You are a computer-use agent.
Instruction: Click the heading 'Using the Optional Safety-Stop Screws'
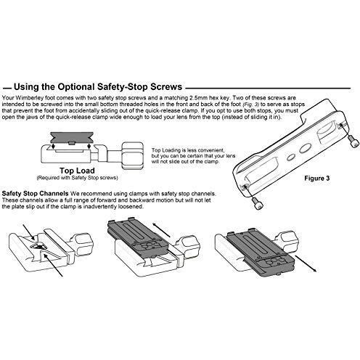click(98, 87)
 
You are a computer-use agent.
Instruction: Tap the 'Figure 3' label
click(317, 179)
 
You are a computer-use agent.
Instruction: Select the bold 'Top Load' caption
click(77, 171)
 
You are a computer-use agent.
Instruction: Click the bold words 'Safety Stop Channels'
click(35, 194)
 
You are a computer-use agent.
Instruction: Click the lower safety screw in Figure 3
click(257, 202)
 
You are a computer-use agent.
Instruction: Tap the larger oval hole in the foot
click(305, 148)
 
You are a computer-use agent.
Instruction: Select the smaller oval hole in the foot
click(290, 157)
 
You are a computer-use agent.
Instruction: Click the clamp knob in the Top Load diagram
click(132, 155)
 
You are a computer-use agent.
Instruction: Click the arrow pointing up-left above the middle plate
click(162, 230)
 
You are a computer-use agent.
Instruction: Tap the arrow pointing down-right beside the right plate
click(306, 263)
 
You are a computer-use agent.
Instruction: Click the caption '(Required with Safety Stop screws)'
click(77, 178)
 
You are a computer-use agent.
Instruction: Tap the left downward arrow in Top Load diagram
click(53, 146)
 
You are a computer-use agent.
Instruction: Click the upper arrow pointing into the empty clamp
click(29, 232)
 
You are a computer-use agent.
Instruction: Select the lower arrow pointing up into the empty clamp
click(54, 266)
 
